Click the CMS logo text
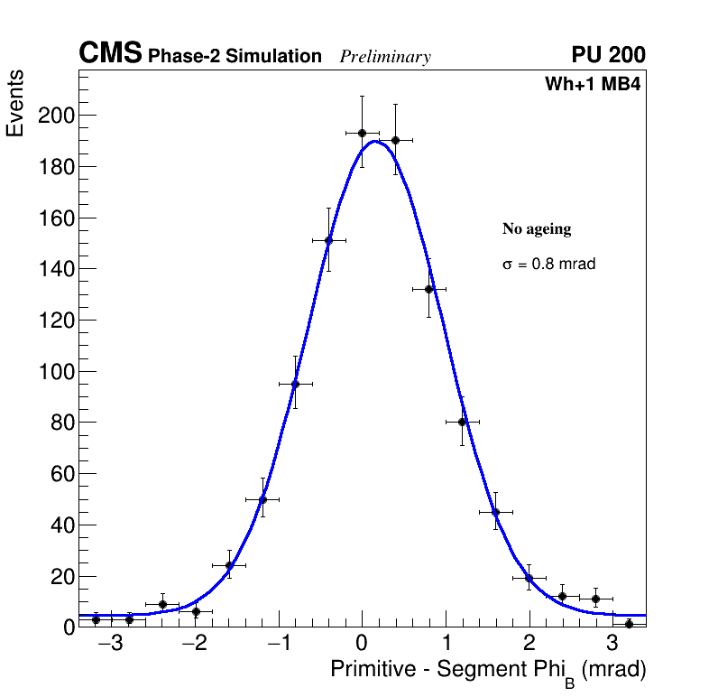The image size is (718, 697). [x=110, y=54]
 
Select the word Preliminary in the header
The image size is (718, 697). [x=385, y=57]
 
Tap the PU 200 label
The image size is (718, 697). [x=608, y=55]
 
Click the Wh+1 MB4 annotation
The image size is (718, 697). [x=593, y=85]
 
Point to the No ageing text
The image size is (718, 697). [x=537, y=229]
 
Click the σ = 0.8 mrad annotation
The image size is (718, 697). [x=548, y=265]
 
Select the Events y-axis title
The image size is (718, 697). [x=15, y=104]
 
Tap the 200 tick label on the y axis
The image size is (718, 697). [x=55, y=116]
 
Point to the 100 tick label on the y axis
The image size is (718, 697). [x=55, y=371]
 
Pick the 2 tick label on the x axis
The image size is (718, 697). [x=529, y=645]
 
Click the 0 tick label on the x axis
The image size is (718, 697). [x=362, y=645]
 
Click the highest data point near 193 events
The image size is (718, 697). [x=362, y=133]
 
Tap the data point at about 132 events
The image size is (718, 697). [x=429, y=289]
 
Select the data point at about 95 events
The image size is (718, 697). [x=295, y=384]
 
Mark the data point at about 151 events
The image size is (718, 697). [x=328, y=240]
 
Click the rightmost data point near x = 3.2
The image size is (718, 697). [x=629, y=624]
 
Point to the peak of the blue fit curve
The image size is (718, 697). [x=374, y=141]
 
